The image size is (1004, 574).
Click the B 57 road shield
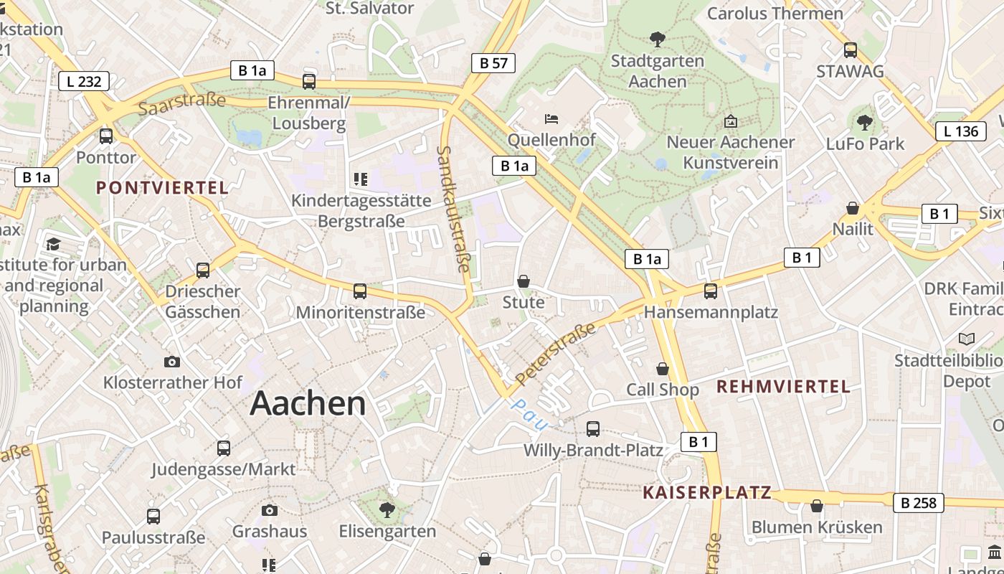(494, 63)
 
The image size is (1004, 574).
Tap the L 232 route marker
(84, 81)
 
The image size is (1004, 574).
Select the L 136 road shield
(961, 131)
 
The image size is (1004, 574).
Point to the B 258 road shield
(919, 503)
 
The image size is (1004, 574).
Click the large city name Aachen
(308, 404)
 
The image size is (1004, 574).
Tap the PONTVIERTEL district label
(162, 188)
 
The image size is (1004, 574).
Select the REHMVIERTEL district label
(783, 387)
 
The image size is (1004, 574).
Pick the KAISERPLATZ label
(707, 492)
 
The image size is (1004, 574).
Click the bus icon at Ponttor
(106, 136)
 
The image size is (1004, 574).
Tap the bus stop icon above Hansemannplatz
(710, 291)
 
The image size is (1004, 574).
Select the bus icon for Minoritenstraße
(360, 291)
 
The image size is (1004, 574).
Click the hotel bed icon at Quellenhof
(551, 118)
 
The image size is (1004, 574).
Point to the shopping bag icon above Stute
(524, 281)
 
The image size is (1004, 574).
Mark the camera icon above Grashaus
(270, 510)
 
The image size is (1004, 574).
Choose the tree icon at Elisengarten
(387, 510)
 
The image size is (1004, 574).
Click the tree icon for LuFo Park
(865, 122)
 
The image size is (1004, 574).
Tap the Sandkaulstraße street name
(454, 210)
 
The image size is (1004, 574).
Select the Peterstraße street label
(556, 353)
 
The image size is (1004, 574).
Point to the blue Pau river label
(529, 414)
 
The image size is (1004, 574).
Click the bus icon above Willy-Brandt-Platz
(593, 429)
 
